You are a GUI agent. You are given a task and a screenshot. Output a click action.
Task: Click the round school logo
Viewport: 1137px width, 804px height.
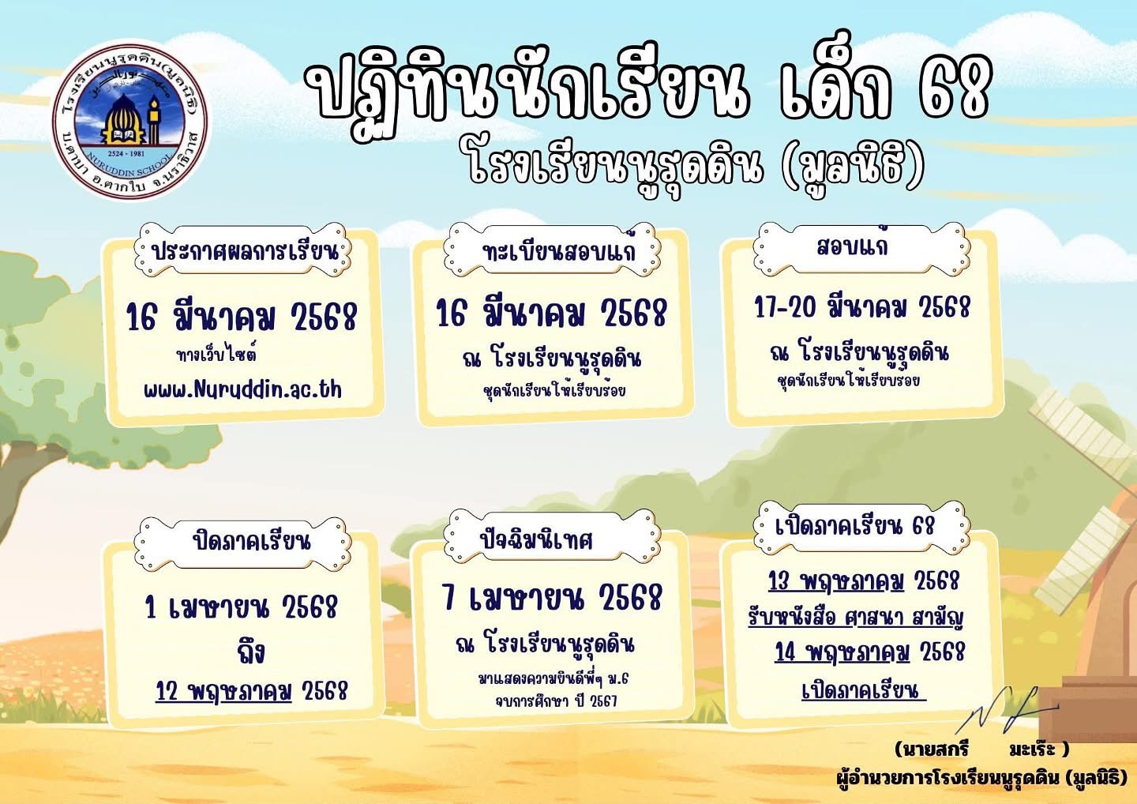130,120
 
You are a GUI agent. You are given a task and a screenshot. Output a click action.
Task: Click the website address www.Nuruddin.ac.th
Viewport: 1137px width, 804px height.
242,390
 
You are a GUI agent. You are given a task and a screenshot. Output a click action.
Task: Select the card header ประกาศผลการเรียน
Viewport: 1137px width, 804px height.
244,250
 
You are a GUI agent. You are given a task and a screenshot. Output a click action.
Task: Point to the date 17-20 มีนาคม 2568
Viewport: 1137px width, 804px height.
861,307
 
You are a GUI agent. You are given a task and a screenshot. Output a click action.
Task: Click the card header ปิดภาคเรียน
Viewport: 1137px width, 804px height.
251,541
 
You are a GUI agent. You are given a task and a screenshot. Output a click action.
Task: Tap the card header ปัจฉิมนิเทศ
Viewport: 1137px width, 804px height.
536,539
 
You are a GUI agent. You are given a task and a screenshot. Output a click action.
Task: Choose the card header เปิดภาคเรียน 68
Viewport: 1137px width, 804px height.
854,526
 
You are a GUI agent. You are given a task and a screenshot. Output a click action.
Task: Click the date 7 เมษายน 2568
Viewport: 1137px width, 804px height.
552,597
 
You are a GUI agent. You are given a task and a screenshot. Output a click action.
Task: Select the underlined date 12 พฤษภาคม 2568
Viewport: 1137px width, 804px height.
251,691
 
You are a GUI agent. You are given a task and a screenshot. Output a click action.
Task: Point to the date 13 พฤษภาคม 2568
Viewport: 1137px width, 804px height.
864,580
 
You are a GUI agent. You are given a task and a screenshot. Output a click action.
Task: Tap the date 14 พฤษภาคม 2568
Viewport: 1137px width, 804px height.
869,652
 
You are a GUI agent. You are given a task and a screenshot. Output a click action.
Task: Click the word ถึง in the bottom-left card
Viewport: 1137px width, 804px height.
251,651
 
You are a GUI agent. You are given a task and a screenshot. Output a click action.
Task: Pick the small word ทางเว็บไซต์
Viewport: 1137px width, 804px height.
216,354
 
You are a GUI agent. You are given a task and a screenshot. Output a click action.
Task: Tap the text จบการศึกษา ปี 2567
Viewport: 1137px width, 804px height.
556,701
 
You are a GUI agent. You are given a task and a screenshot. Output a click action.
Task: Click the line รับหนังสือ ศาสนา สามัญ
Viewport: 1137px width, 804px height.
856,617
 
